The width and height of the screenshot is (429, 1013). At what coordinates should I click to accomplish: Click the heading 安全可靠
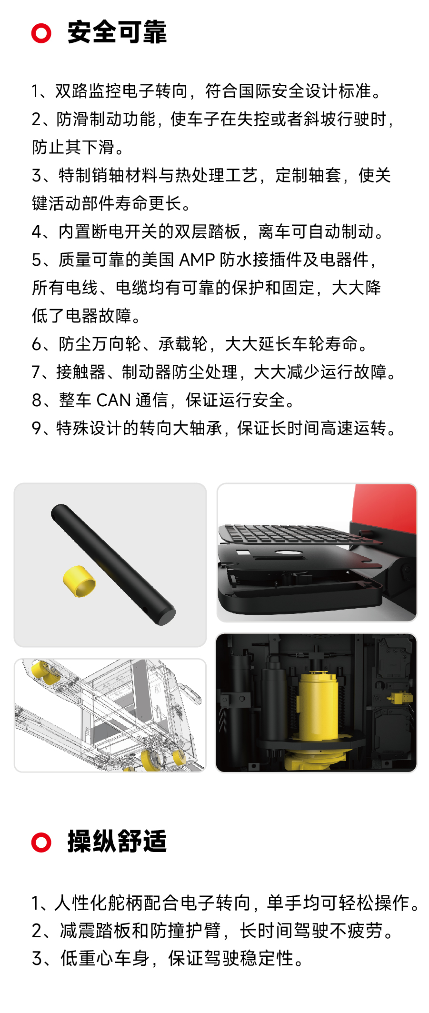(117, 33)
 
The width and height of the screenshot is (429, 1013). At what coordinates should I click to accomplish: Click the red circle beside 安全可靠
(41, 33)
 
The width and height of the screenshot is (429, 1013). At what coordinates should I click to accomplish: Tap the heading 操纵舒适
(117, 842)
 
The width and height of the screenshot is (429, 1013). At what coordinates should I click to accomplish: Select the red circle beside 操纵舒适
(41, 842)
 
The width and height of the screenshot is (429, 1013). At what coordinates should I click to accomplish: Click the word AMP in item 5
(197, 260)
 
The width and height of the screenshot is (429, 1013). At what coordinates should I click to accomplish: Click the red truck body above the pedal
(386, 507)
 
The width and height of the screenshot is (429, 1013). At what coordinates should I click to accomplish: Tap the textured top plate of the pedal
(295, 533)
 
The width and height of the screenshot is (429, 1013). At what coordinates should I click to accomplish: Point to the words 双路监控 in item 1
(88, 91)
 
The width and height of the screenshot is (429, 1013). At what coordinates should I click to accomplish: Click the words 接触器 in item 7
(80, 372)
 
